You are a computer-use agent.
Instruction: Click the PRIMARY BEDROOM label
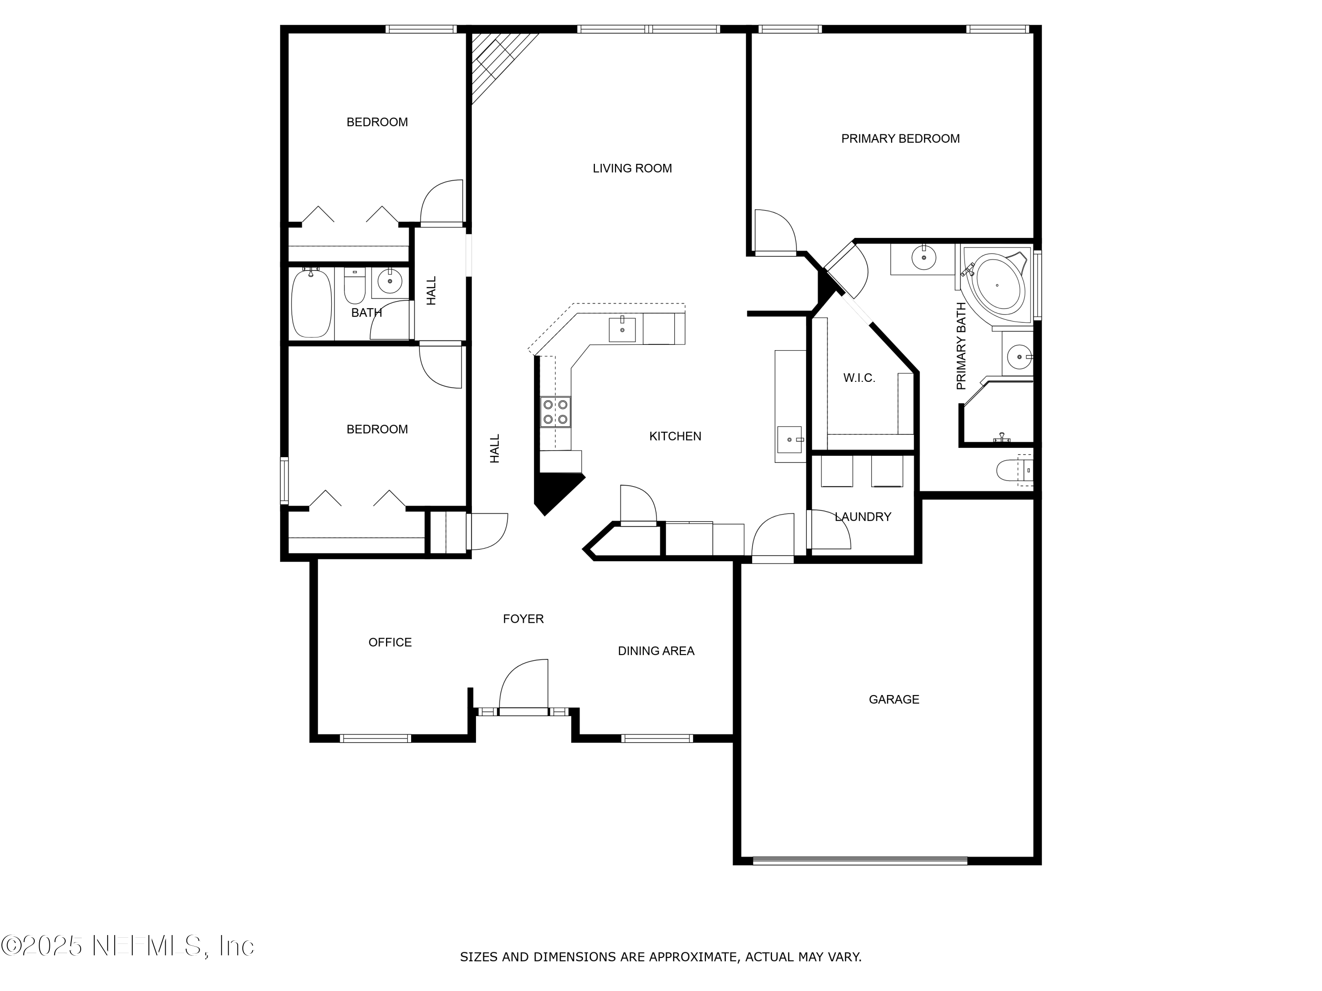coord(900,139)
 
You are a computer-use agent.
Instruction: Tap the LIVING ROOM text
coord(632,168)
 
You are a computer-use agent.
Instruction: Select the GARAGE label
coord(894,699)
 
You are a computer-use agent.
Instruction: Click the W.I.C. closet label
coord(859,377)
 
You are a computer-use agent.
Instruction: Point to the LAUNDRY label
coord(862,517)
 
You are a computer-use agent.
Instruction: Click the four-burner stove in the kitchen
coord(555,411)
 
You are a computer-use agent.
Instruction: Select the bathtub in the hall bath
coord(311,304)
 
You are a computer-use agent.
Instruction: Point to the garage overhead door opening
coord(859,861)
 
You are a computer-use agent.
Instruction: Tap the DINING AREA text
coord(656,651)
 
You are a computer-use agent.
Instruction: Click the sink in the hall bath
coord(390,281)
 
